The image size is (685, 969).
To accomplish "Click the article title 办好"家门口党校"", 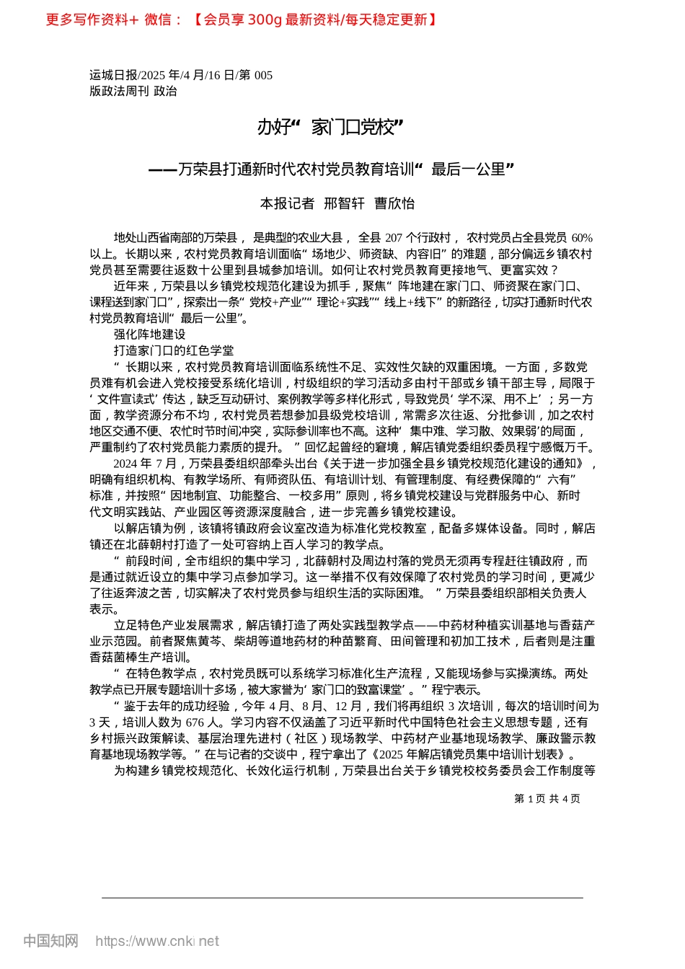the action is coord(330,128).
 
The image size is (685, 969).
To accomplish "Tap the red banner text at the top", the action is coord(242,19).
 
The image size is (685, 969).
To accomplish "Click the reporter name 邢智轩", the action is coord(344,203).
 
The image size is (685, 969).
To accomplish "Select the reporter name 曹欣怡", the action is coord(394,203).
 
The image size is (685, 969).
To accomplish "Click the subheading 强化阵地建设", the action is coord(149,335).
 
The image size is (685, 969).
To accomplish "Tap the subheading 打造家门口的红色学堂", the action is coord(173,350).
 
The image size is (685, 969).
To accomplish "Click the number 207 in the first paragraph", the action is coord(394,238).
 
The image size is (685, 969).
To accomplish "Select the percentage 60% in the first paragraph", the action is coord(581,238).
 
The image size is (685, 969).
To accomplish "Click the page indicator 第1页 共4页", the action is coord(547,798).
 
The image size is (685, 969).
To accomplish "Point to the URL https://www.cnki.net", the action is coord(156,941).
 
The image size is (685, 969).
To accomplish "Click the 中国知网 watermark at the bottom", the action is coord(50,941).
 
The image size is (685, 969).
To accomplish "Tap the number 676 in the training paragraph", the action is coord(195,722).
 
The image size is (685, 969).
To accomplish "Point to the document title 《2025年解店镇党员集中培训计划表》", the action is coord(471,754).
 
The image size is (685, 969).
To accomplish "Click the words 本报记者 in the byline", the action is coord(287,203).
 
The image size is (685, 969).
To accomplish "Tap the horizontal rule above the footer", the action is coord(342,898).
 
